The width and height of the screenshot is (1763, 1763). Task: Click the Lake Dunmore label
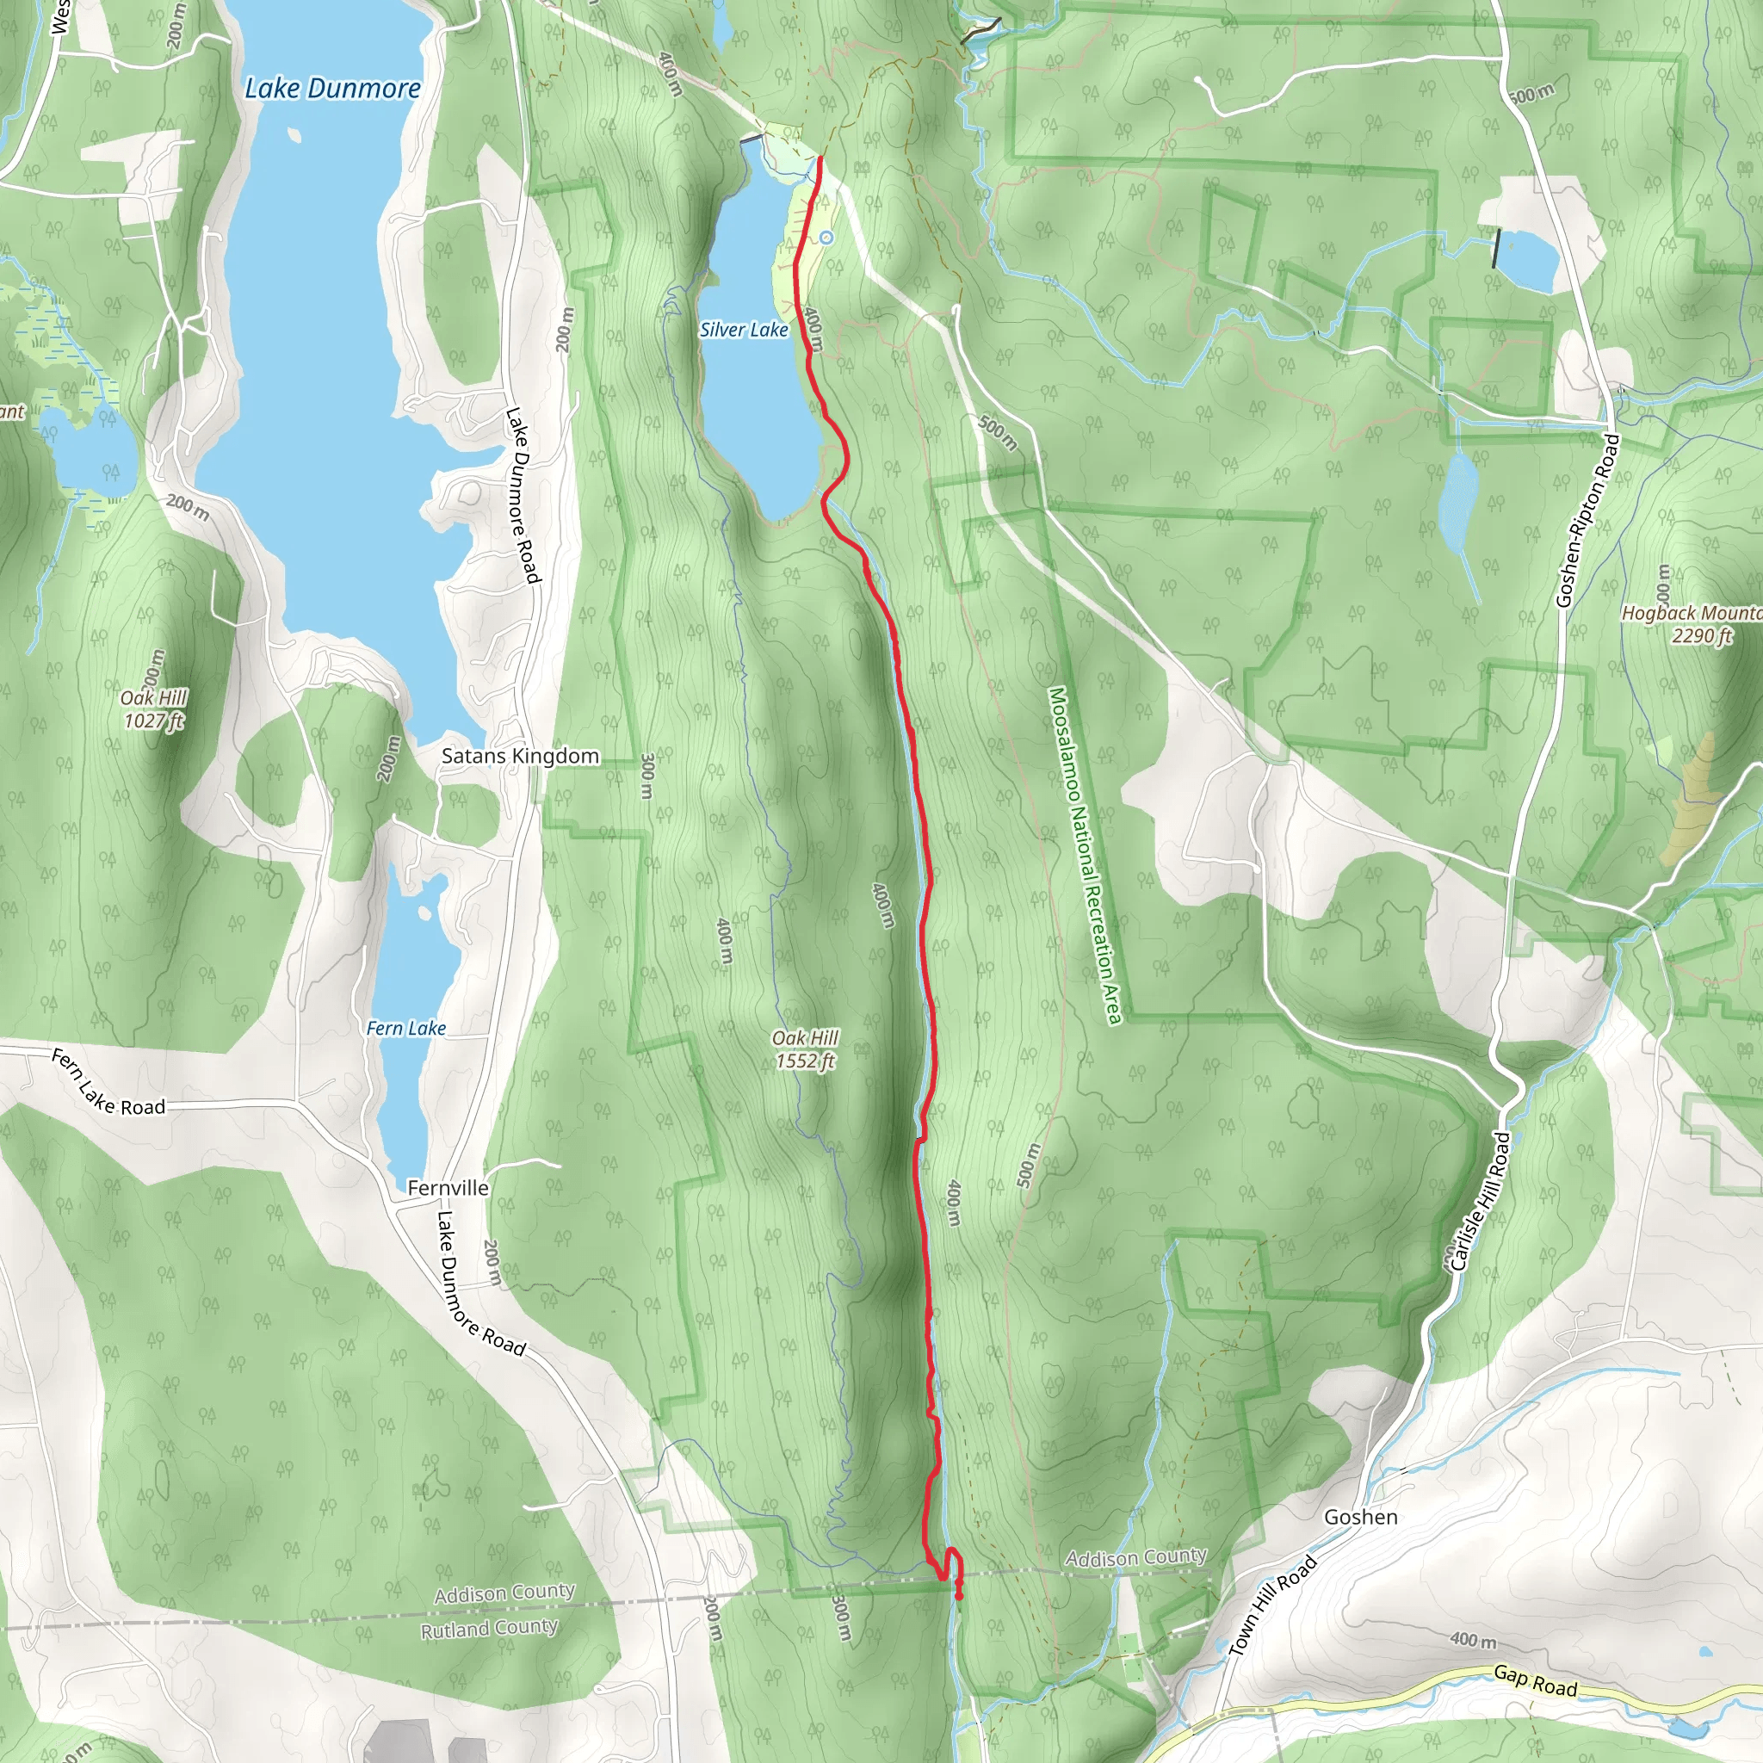(x=333, y=89)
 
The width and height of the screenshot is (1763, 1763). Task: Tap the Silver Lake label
(x=744, y=330)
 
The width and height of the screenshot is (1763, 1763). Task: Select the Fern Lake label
(x=406, y=1029)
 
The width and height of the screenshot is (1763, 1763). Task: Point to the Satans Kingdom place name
(x=520, y=756)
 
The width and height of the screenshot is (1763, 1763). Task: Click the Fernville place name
(x=448, y=1187)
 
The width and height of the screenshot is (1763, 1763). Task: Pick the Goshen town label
(x=1361, y=1517)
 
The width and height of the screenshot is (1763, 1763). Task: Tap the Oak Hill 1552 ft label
(x=805, y=1049)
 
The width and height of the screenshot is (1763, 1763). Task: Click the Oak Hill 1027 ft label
(x=154, y=709)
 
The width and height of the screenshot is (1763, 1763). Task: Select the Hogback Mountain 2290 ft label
(x=1691, y=624)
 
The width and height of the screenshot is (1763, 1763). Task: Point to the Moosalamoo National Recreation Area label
(x=1085, y=856)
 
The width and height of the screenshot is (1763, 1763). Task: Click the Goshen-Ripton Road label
(x=1589, y=520)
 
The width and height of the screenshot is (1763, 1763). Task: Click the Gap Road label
(x=1535, y=1680)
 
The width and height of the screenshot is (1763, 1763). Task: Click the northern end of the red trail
(x=820, y=158)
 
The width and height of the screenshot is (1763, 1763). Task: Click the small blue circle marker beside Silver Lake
(x=826, y=238)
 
